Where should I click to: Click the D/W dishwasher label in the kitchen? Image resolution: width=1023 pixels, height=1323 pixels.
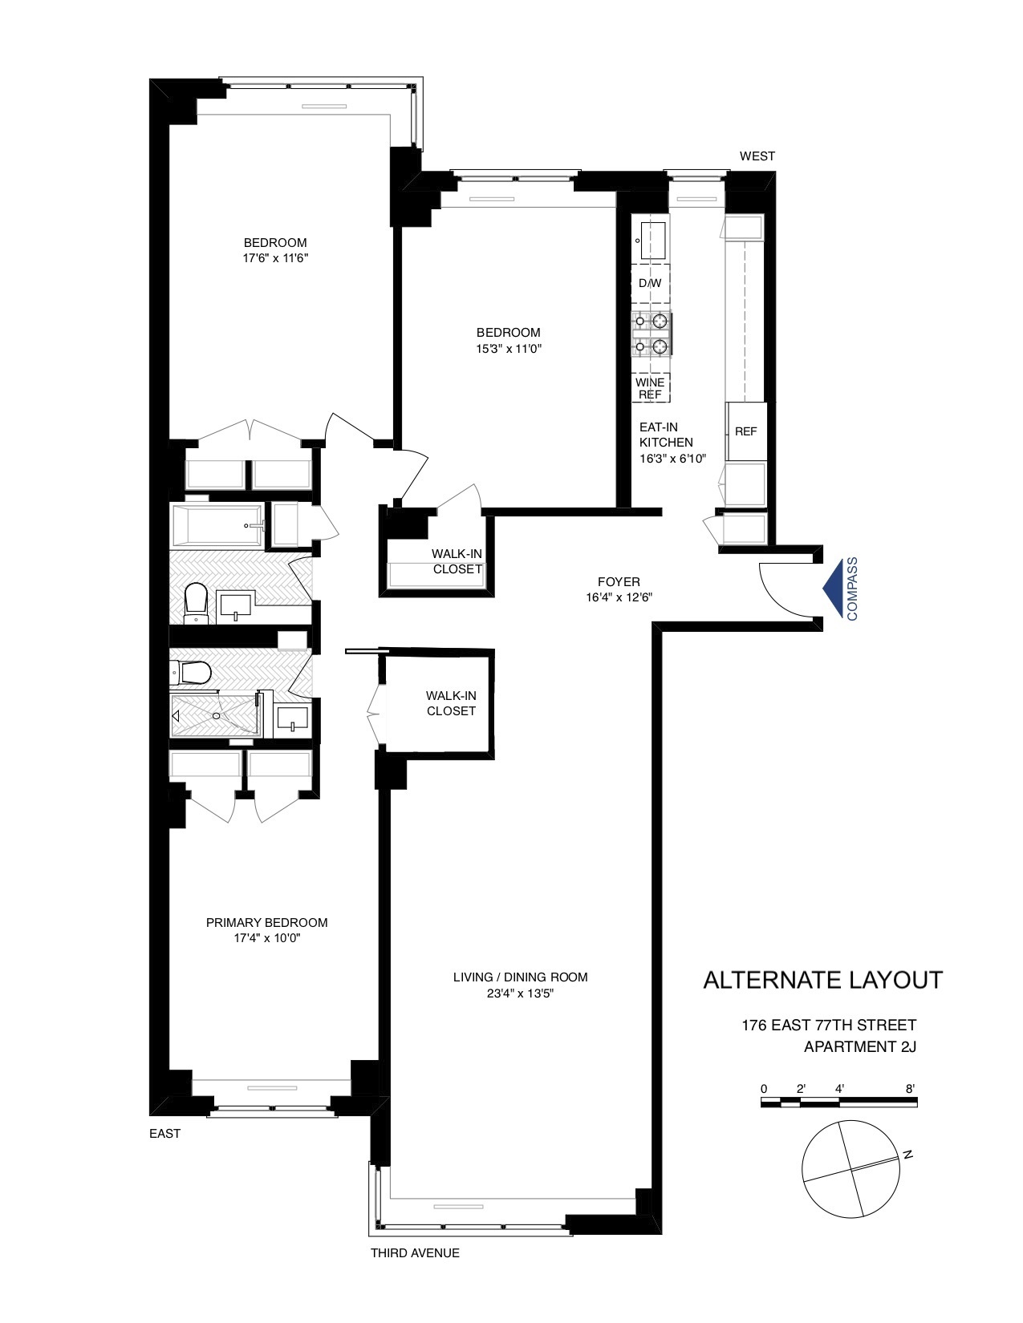(650, 284)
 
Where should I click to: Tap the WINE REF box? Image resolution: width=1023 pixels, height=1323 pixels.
(650, 388)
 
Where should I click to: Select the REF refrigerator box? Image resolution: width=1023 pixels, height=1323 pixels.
(745, 431)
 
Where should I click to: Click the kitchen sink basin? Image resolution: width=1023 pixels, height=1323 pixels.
(652, 238)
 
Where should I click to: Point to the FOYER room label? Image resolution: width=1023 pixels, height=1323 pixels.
(619, 582)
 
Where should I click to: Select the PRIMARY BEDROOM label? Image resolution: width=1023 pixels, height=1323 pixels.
(266, 923)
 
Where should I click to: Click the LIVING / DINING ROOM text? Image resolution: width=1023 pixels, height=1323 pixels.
(520, 977)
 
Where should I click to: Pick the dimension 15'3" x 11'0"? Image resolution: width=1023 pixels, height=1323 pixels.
(508, 349)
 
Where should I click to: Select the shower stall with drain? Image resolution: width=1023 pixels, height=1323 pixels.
(215, 715)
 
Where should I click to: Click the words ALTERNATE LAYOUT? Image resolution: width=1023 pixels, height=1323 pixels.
(822, 980)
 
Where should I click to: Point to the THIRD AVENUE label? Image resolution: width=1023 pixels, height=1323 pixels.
(415, 1253)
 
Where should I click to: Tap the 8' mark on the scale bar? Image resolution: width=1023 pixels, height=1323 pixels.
(910, 1089)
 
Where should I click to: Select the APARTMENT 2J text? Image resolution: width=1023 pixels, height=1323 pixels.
(859, 1046)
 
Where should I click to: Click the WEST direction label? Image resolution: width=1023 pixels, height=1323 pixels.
(757, 156)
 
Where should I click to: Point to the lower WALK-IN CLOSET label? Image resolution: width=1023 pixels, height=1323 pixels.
(451, 703)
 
